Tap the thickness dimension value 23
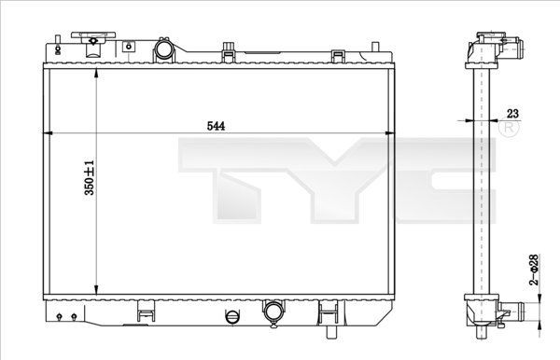pyautogui.click(x=511, y=113)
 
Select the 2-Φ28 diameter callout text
pyautogui.click(x=533, y=270)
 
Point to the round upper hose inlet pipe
pyautogui.click(x=164, y=48)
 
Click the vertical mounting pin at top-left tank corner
pyautogui.click(x=59, y=43)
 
